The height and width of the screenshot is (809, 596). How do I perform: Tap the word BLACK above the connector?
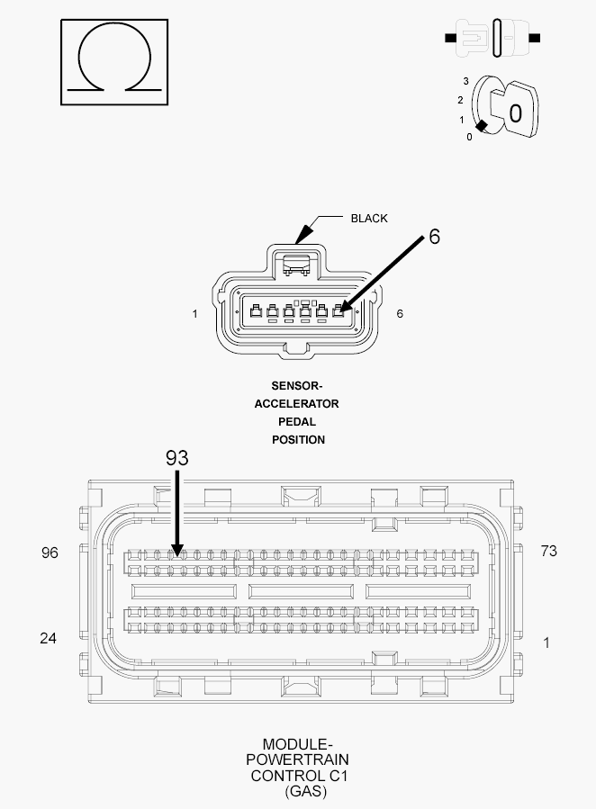click(x=369, y=219)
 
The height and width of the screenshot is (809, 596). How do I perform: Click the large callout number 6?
click(x=435, y=237)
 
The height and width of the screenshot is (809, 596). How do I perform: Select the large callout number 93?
click(x=177, y=458)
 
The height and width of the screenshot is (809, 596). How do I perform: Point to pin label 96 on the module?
click(x=50, y=553)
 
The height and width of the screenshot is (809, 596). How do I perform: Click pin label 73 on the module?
click(x=548, y=551)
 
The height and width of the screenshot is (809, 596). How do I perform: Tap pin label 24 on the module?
click(x=48, y=638)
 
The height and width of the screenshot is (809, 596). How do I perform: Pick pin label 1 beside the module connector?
click(x=546, y=643)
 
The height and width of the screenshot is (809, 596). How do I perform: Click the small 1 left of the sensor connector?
click(x=194, y=314)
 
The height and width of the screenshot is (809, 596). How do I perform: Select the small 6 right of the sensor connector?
click(x=400, y=314)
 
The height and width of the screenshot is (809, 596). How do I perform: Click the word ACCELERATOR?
click(x=297, y=403)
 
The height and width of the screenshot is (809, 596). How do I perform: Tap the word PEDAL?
click(x=297, y=421)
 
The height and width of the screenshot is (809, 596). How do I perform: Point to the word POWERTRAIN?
click(x=297, y=760)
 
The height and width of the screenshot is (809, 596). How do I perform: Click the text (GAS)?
click(x=305, y=791)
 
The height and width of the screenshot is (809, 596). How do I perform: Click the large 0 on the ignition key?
click(x=516, y=113)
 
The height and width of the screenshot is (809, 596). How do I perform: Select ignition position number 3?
click(x=466, y=81)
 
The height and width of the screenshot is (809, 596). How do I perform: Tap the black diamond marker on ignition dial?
click(x=482, y=125)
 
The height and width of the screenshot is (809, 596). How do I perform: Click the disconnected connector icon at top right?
click(x=492, y=38)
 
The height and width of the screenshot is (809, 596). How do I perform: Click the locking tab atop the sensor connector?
click(x=296, y=264)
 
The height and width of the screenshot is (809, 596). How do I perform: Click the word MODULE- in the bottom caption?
click(x=297, y=744)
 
